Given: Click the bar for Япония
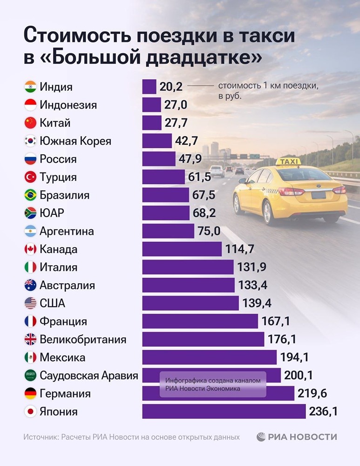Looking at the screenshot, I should point(224,411).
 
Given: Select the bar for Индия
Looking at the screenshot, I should point(149,87).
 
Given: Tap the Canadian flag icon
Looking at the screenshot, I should point(30,249).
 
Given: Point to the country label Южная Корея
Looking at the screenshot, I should point(75,141).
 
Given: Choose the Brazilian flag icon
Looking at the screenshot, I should point(30,195).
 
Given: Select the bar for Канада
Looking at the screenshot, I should point(182,249).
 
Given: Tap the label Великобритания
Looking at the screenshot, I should point(83,339).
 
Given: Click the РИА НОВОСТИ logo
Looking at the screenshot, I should point(296,437).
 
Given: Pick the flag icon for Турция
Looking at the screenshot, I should point(30,177).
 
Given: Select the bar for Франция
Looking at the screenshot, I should point(200,322).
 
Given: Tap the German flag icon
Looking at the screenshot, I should point(30,394).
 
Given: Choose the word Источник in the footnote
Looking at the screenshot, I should point(41,437).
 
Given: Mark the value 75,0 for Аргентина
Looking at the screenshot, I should point(209,231).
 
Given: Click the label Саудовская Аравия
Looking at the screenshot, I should point(88,376).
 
